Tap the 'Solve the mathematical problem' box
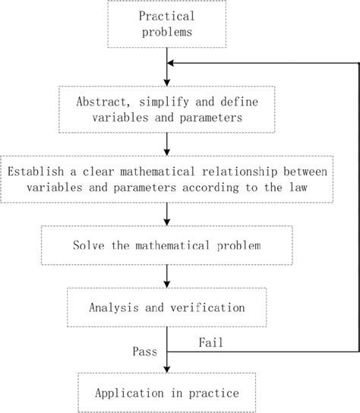click(166, 247)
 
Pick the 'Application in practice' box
click(166, 393)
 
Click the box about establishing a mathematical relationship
click(166, 179)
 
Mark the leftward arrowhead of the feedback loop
click(172, 64)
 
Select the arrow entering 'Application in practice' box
click(166, 367)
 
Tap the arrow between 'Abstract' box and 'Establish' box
click(166, 143)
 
